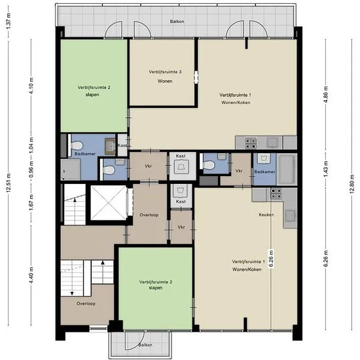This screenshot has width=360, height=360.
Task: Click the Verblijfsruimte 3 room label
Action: (165, 72)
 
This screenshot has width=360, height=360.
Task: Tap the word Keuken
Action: (266, 215)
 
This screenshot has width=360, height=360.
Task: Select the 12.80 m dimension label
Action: (352, 184)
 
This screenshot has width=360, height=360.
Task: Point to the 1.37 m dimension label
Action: (9, 22)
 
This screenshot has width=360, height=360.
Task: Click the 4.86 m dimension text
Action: (326, 94)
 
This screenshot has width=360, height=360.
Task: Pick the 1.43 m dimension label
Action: (326, 169)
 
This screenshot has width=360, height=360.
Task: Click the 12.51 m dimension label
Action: (9, 183)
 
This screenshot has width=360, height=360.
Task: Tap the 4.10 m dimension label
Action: (31, 85)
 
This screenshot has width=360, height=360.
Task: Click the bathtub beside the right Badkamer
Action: (287, 169)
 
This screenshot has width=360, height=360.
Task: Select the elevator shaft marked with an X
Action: (109, 203)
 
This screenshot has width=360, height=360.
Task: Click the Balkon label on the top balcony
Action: (177, 22)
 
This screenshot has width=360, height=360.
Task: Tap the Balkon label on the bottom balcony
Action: (145, 345)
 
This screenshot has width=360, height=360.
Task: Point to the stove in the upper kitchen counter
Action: (251, 143)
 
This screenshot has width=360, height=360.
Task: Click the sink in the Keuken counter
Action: (290, 215)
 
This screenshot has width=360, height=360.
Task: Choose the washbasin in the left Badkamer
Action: (111, 146)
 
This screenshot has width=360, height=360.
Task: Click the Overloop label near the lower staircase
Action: (86, 304)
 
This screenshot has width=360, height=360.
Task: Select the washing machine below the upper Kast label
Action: (181, 166)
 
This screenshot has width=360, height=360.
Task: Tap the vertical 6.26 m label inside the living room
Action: (271, 259)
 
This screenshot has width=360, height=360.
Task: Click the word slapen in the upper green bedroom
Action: (92, 95)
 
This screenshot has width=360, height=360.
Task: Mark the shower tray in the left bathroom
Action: (71, 170)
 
